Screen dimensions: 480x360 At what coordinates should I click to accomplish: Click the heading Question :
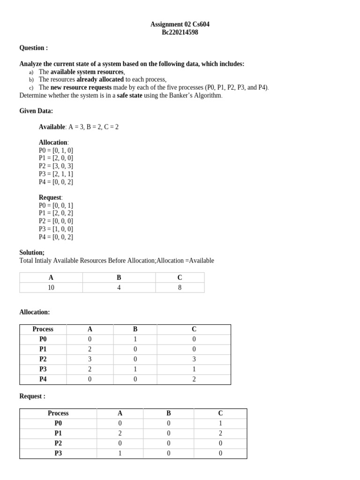[33, 48]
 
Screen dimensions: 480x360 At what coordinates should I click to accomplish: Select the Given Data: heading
[36, 111]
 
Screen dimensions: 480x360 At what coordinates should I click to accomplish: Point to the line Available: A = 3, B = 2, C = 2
[78, 127]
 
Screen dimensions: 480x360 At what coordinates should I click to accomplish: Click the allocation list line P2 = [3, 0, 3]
[56, 166]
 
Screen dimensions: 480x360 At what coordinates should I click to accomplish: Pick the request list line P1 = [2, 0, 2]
[56, 213]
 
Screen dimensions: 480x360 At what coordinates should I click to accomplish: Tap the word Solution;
[32, 253]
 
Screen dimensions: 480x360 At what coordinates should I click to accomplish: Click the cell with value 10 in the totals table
[51, 288]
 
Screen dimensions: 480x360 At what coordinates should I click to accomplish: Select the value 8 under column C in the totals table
[180, 288]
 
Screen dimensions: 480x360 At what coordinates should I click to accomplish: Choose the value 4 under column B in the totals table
[119, 288]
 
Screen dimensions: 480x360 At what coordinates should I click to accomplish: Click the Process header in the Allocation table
[43, 330]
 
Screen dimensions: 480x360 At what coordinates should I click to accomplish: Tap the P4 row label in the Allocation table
[43, 379]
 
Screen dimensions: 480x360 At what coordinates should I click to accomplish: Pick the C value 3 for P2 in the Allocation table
[194, 360]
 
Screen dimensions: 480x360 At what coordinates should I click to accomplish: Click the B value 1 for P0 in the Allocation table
[135, 339]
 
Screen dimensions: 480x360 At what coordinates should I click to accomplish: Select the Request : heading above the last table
[32, 397]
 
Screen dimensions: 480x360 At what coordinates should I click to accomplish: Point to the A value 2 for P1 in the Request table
[120, 434]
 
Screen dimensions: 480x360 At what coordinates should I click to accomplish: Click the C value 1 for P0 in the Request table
[220, 423]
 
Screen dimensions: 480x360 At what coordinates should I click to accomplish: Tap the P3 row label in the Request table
[58, 453]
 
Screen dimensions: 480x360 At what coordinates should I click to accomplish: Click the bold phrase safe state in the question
[129, 96]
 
